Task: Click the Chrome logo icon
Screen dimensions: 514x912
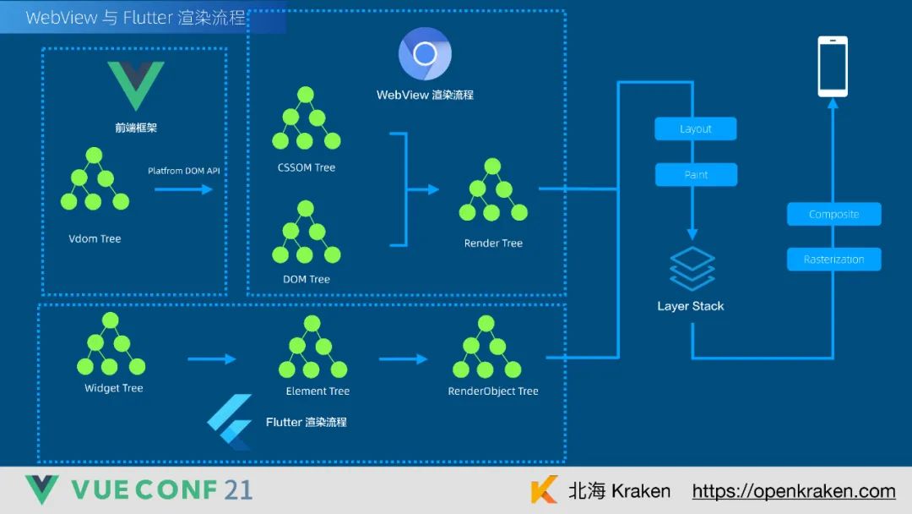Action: click(425, 54)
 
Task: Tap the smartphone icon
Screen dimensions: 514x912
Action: click(832, 66)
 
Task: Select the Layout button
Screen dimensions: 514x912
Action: click(696, 129)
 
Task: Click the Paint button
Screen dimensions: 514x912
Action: click(696, 175)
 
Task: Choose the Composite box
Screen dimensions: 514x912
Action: click(833, 215)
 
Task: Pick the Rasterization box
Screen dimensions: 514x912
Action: click(833, 260)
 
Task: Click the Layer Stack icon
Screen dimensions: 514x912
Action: click(692, 269)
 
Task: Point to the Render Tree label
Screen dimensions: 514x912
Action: click(493, 243)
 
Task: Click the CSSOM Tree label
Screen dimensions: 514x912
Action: click(306, 167)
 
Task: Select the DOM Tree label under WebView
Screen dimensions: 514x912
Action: click(306, 279)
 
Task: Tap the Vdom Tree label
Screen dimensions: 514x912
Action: click(95, 239)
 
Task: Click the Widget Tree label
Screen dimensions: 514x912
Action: click(113, 389)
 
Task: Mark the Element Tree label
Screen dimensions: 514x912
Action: click(318, 391)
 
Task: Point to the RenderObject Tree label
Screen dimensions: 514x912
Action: click(493, 391)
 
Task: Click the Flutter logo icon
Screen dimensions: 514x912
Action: click(231, 421)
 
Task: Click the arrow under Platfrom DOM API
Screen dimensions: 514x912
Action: click(183, 189)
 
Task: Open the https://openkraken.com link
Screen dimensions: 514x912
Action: click(794, 491)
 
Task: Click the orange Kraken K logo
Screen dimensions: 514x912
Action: click(545, 490)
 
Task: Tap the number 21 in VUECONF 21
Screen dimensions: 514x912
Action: click(238, 489)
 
